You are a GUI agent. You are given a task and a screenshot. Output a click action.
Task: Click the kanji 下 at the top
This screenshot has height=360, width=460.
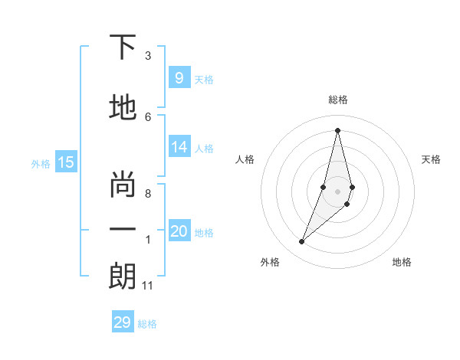click(x=123, y=47)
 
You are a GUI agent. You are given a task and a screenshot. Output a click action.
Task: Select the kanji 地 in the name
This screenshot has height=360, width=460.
click(x=123, y=109)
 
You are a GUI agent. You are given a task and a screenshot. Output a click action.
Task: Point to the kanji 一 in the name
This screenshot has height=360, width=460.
click(x=123, y=229)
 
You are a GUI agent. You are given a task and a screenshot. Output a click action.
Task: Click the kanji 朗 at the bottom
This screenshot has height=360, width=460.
click(x=123, y=277)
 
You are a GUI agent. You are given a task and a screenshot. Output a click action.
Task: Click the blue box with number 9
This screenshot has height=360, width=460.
click(x=179, y=78)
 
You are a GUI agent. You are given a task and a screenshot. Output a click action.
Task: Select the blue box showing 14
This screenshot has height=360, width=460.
click(x=179, y=148)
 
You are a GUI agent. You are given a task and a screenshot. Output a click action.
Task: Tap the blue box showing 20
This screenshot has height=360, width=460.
click(x=179, y=232)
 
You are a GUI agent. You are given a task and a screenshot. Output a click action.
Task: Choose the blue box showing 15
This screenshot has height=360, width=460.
click(x=66, y=162)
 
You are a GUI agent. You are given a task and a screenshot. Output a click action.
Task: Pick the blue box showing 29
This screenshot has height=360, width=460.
click(x=123, y=322)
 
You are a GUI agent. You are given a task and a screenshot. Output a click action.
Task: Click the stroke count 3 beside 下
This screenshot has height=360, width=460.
click(x=148, y=56)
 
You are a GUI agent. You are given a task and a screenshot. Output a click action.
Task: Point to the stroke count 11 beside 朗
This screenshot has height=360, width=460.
click(x=147, y=286)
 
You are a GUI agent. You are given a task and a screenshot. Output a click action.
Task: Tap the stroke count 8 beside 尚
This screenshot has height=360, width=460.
click(x=148, y=194)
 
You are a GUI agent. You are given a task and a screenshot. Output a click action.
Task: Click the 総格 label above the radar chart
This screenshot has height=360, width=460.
click(x=337, y=100)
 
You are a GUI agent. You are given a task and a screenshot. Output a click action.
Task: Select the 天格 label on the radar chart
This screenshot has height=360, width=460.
click(x=431, y=159)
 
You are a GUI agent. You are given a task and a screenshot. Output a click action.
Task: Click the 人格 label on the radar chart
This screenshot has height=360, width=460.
click(x=245, y=159)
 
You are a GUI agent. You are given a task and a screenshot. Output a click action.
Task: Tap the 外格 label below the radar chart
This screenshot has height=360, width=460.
click(x=270, y=262)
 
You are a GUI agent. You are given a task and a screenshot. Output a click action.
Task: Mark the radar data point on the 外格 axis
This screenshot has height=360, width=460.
click(x=301, y=242)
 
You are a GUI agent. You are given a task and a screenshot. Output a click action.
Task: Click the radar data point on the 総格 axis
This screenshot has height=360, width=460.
click(x=337, y=129)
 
